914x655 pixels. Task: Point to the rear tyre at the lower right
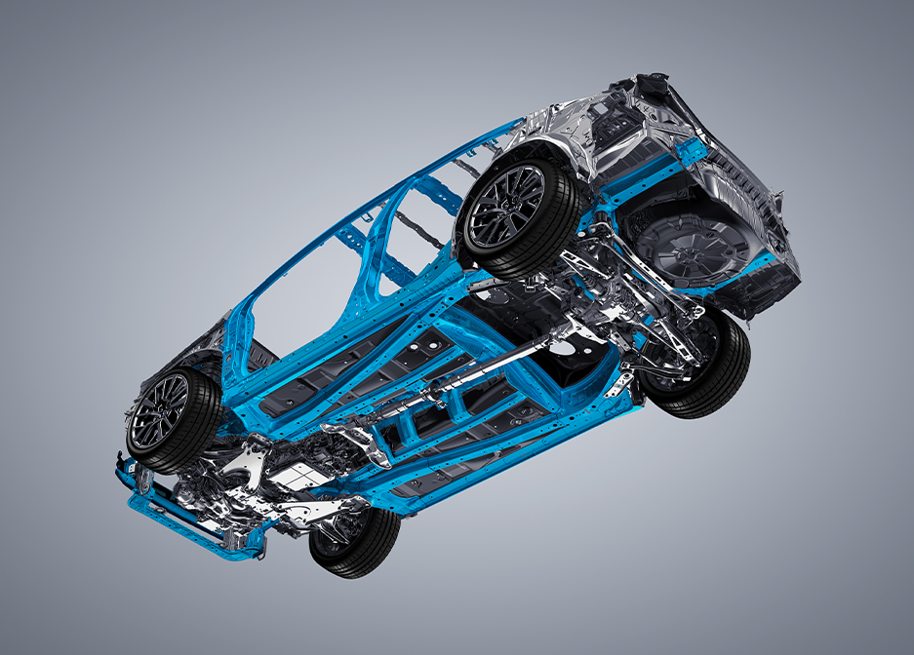tap(697, 366)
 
